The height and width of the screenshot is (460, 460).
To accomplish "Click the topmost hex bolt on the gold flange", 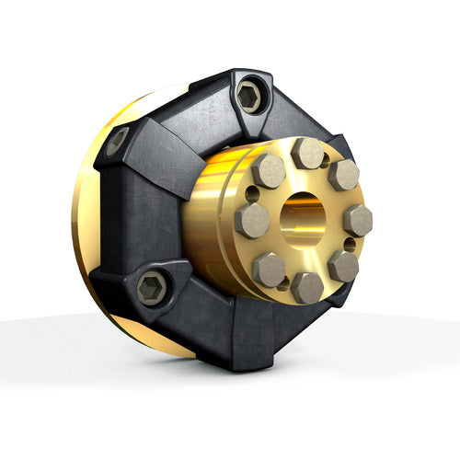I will pos(307,153).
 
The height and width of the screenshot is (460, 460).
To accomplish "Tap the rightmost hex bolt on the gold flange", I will pos(357,220).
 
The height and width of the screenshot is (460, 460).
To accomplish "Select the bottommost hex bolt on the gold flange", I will pos(307,288).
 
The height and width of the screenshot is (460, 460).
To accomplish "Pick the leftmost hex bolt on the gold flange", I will pos(251,221).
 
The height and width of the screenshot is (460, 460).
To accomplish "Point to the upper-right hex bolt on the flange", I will pos(343,175).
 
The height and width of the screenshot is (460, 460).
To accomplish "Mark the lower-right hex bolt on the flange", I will pos(343,266).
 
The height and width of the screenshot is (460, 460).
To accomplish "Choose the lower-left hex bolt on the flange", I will pos(269,270).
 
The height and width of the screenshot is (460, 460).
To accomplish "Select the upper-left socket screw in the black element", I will pos(117,141).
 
